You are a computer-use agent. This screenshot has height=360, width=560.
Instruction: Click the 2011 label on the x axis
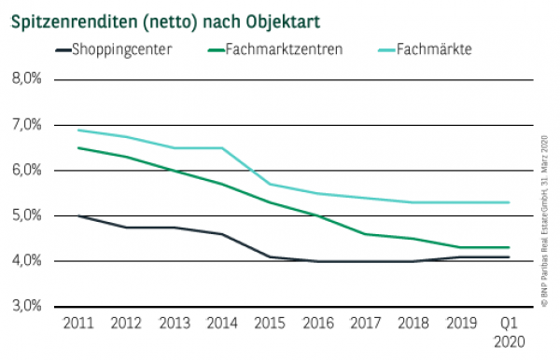point(77,323)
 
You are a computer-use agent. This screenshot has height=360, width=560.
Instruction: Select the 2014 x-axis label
point(220,323)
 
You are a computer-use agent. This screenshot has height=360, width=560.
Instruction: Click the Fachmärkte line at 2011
point(77,131)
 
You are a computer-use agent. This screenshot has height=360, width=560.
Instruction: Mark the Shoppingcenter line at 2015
point(268,256)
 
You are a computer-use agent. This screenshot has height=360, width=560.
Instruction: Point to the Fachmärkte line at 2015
point(268,184)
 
